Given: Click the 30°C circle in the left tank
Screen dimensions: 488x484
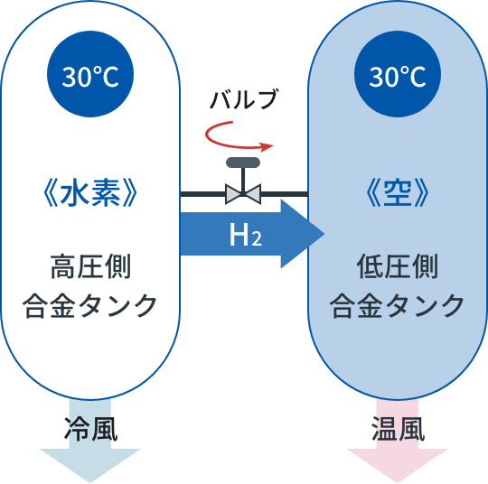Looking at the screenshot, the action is point(90,74).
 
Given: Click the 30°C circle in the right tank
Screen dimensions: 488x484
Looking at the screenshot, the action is point(398,74).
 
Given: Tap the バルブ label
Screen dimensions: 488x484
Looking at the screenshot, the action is point(244,99).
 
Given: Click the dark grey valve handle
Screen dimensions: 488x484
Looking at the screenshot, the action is point(243,163).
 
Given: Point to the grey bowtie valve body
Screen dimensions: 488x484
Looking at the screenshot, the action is point(243,194).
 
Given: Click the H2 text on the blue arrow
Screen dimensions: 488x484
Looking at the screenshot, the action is point(246,235).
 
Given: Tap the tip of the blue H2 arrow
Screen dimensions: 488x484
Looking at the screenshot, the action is point(324,234).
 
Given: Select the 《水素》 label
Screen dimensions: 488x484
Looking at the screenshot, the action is point(90,193).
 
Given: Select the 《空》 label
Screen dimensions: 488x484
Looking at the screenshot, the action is point(398,193).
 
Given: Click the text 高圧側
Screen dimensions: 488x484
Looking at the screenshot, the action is point(90,266).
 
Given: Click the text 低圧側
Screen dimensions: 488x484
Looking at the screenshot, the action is point(398,266).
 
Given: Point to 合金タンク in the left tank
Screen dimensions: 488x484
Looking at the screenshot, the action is point(89,305).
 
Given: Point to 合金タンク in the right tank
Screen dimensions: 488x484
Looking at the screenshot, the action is point(397,305).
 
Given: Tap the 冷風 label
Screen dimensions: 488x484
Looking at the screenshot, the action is point(91,429).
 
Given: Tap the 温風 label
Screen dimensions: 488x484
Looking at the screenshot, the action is point(398,429).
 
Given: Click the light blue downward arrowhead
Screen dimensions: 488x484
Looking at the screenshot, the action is point(90,463).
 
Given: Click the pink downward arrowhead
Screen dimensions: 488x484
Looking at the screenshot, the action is point(397,463).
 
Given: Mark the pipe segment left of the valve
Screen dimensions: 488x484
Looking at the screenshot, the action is point(203,194).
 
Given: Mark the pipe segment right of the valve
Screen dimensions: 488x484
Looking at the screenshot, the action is point(284,194).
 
